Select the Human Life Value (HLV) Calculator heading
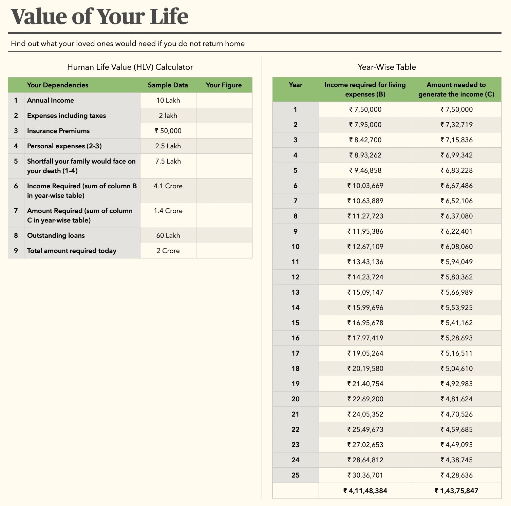(x=130, y=67)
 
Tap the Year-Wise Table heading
(x=386, y=67)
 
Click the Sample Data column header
(x=168, y=85)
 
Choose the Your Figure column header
(x=224, y=85)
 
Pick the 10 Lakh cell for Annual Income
(x=168, y=100)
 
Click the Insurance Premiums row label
(x=58, y=131)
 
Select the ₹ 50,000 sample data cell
(x=168, y=131)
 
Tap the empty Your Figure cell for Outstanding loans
(x=224, y=235)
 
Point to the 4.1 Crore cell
(x=168, y=186)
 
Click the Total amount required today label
(x=72, y=251)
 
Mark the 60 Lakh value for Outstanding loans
(x=168, y=235)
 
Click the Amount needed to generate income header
(x=456, y=89)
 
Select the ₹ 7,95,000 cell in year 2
(x=365, y=125)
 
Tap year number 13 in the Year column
(x=295, y=292)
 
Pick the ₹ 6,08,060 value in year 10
(x=456, y=247)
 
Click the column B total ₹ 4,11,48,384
(x=365, y=491)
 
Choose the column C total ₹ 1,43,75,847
(x=456, y=491)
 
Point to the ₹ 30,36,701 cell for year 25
(x=365, y=475)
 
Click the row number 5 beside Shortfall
(x=16, y=161)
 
